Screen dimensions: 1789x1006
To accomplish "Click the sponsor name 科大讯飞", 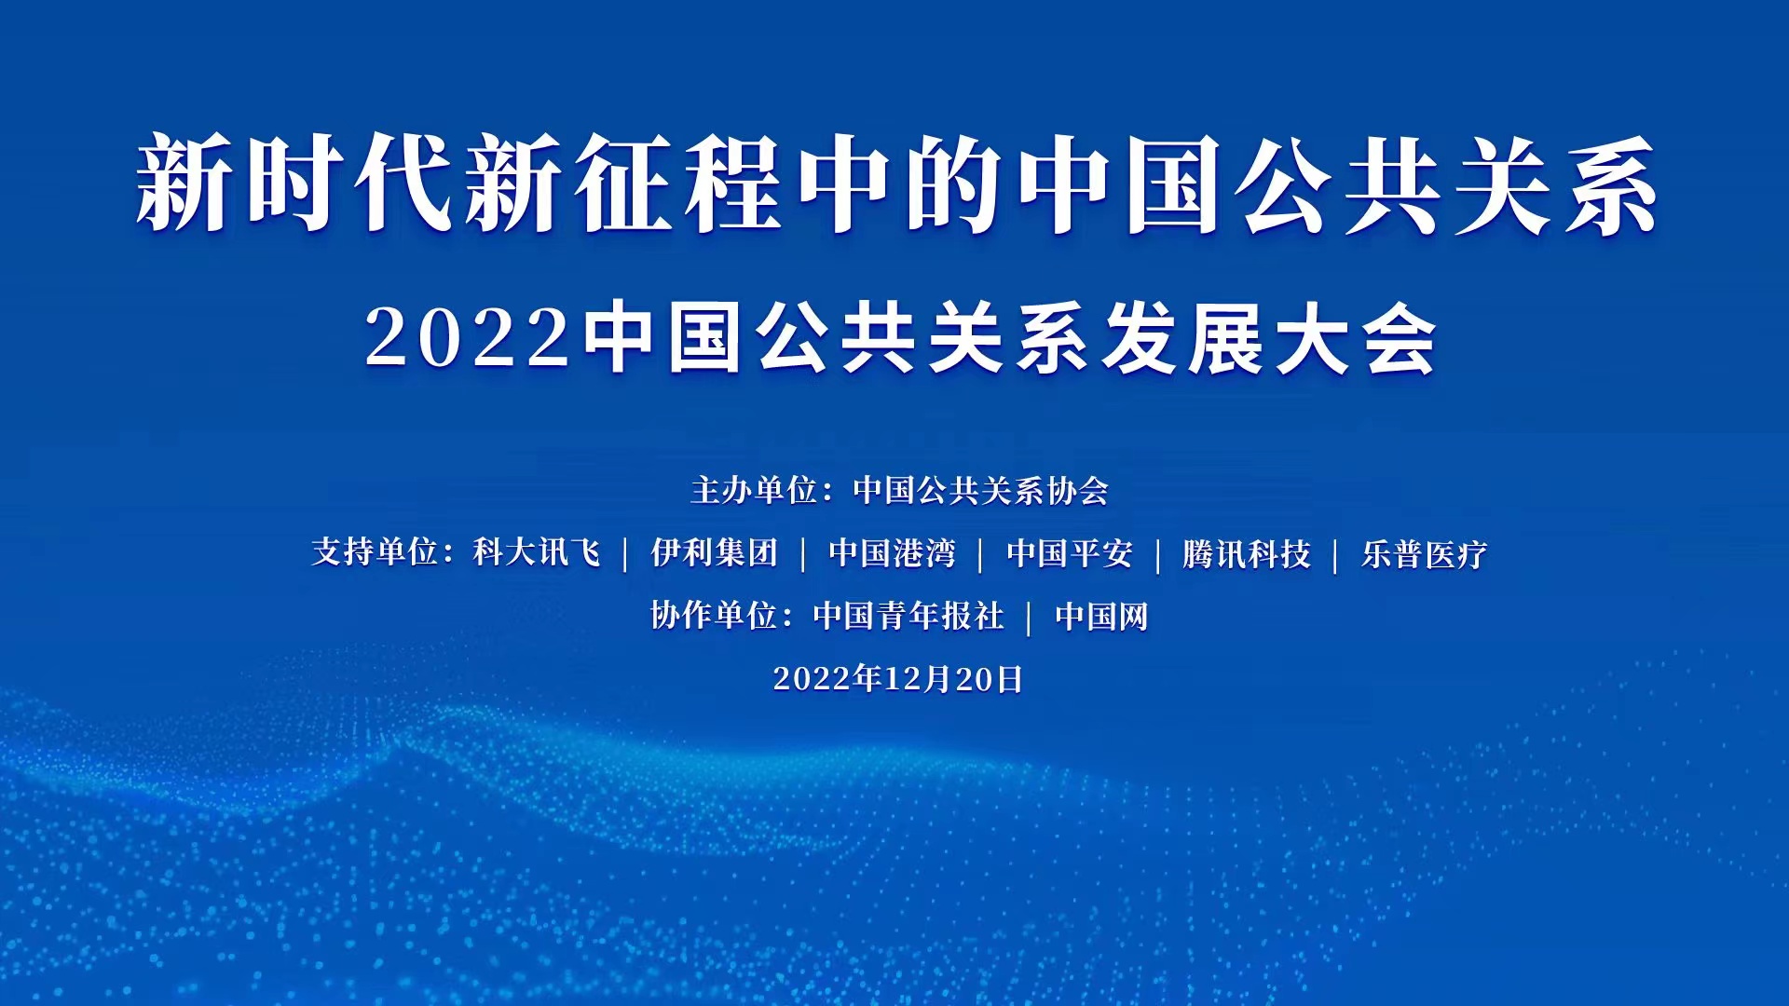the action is click(x=537, y=553).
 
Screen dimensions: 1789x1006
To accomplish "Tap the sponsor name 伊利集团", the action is click(x=714, y=553).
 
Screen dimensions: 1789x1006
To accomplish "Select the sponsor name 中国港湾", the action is click(x=892, y=553).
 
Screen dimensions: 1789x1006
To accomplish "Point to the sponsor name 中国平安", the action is click(x=1070, y=553).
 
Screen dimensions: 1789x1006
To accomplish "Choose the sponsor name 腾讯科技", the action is click(x=1247, y=553).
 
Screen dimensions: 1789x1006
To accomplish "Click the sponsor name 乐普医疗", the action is click(x=1425, y=553).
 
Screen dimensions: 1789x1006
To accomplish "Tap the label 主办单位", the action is click(x=754, y=490).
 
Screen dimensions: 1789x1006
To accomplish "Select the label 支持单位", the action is click(x=375, y=553).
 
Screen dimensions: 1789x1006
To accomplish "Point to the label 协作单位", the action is click(x=714, y=616).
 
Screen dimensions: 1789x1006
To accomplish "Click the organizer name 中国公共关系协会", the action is click(x=981, y=490).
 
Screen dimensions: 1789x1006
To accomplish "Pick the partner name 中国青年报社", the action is click(x=908, y=616).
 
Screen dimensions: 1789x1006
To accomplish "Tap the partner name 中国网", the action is click(x=1101, y=616).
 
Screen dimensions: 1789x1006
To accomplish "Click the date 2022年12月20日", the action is click(x=898, y=678).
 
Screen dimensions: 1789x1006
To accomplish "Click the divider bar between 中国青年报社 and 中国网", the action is click(x=1030, y=618).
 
